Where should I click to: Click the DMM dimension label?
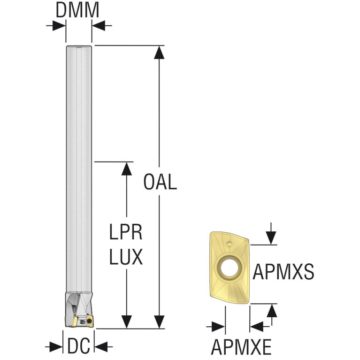pyautogui.click(x=77, y=10)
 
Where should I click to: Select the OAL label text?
pyautogui.click(x=160, y=182)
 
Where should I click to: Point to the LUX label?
pyautogui.click(x=126, y=257)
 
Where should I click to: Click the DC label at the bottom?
pyautogui.click(x=78, y=346)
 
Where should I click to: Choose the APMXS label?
pyautogui.click(x=283, y=272)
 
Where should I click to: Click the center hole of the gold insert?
pyautogui.click(x=230, y=268)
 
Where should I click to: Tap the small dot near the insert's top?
pyautogui.click(x=229, y=244)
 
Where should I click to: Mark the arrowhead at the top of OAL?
pyautogui.click(x=159, y=53)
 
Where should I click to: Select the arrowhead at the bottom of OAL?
pyautogui.click(x=159, y=322)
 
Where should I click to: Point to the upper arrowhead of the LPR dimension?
pyautogui.click(x=127, y=169)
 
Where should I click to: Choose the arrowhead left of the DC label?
pyautogui.click(x=56, y=346)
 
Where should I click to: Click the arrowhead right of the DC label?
pyautogui.click(x=101, y=346)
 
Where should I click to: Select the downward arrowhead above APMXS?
pyautogui.click(x=271, y=238)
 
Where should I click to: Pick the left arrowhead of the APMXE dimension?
pyautogui.click(x=219, y=327)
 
